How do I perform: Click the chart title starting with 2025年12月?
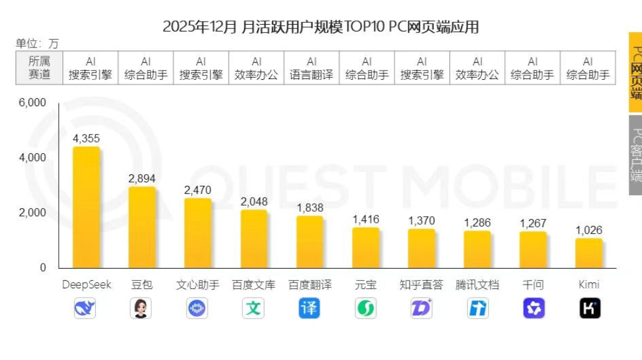tap(320, 27)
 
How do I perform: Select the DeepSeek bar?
tap(86, 207)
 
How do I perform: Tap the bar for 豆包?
tap(141, 227)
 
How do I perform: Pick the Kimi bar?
tap(588, 253)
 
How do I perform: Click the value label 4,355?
tap(86, 138)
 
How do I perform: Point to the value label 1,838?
tap(310, 208)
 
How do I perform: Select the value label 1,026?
tap(588, 230)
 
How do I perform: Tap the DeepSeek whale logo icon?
tap(85, 308)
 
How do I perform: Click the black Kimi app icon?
tap(589, 308)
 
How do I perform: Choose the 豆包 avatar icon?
tap(141, 308)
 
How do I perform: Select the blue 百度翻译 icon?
tap(310, 308)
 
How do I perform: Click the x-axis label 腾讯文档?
tap(477, 285)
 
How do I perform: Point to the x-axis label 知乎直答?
tap(421, 285)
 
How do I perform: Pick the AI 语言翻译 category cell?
tap(311, 68)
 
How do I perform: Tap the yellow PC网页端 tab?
tap(635, 73)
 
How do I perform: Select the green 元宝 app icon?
tap(365, 308)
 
